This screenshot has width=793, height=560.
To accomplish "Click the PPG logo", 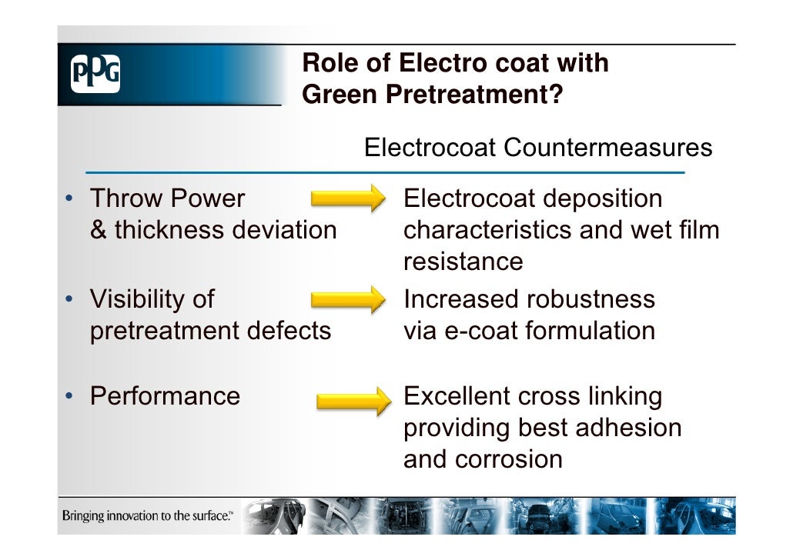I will pos(95,75).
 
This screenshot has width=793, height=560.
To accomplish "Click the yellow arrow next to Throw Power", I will pos(346,198).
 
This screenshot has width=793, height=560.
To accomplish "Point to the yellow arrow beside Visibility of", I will pos(346,298).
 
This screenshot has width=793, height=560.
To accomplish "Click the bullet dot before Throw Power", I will pos(69,199).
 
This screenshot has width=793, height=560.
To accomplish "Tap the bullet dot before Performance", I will pos(69,397).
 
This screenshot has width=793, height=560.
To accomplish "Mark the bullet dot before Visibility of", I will pos(69,299).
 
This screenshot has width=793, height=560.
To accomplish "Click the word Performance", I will pos(165,396).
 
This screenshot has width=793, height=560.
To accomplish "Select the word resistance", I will pos(463,262).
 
